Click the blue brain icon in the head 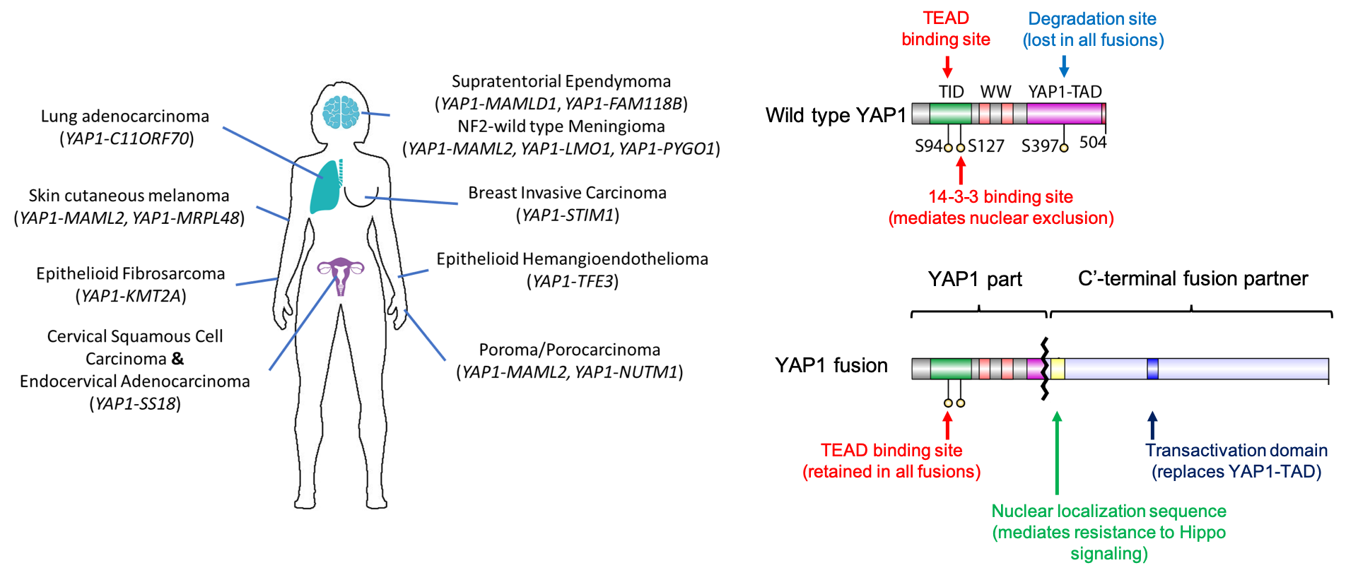(341, 112)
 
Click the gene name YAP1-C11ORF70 (127, 138)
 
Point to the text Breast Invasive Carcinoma (567, 193)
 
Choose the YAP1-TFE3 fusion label (573, 281)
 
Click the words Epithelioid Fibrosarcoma (131, 273)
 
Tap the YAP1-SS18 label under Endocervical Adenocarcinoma (135, 403)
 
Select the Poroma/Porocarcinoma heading (569, 350)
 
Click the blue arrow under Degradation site (1064, 66)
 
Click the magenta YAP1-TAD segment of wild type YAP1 (1064, 113)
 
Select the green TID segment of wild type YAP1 (950, 113)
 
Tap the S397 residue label (1038, 146)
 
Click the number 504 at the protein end (1092, 143)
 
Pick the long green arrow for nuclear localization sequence (1057, 452)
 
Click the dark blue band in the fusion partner (1152, 369)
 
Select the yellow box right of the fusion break (1058, 369)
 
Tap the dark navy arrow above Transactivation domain (1152, 425)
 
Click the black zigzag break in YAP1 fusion (1044, 369)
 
